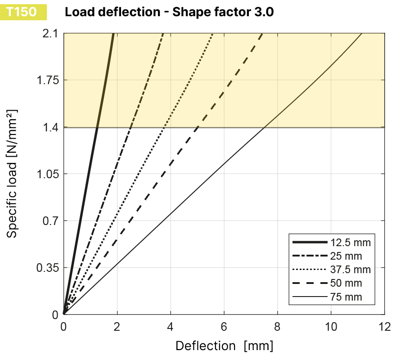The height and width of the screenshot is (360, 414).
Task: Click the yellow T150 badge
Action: click(20, 12)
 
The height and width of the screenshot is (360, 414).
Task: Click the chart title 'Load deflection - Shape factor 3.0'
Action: click(169, 12)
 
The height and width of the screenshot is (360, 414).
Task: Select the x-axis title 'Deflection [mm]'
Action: click(225, 346)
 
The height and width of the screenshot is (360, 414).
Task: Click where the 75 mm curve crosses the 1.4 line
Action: click(264, 128)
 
